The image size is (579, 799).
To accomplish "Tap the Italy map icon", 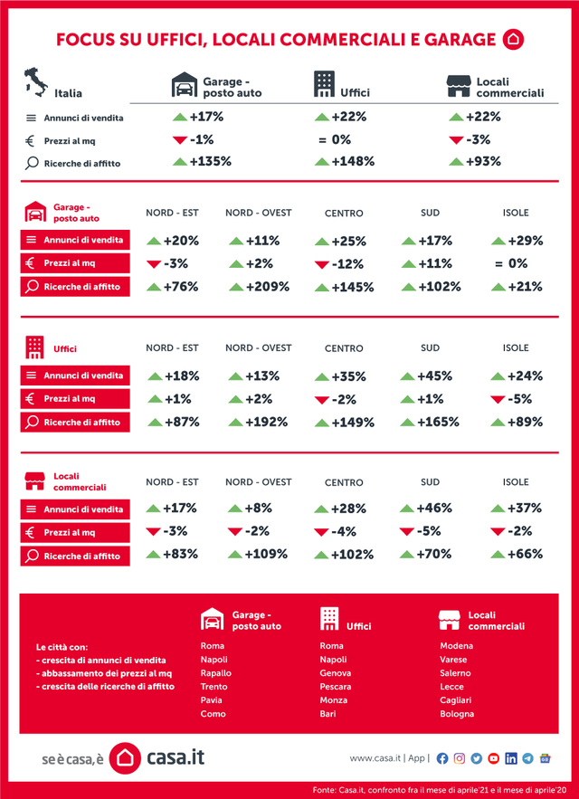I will [x=37, y=81].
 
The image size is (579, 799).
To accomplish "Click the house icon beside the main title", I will [x=513, y=39].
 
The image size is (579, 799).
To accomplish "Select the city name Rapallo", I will [x=216, y=673].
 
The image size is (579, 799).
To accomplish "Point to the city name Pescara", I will [x=336, y=687].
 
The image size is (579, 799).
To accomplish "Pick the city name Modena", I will [x=457, y=646].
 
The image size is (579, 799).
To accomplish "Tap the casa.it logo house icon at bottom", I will [x=126, y=758].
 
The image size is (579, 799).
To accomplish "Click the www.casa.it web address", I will [x=375, y=758].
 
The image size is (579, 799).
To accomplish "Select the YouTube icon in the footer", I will [x=494, y=758].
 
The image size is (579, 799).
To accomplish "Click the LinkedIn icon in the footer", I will [x=511, y=758].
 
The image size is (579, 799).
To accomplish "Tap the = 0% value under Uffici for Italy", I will [x=335, y=139].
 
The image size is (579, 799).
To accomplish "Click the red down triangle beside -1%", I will [x=179, y=139].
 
